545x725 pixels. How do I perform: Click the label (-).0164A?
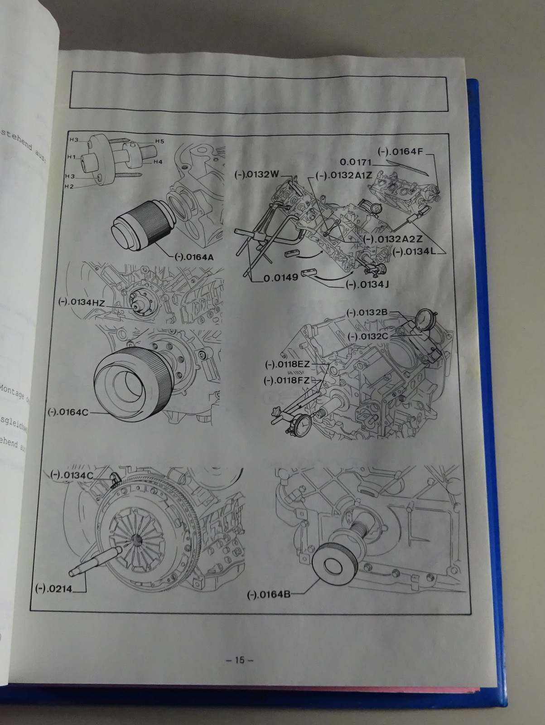[193, 257]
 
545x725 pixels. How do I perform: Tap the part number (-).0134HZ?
[82, 302]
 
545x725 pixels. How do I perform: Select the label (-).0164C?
[68, 412]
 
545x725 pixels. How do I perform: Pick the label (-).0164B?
[268, 595]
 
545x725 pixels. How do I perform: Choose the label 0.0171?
[356, 162]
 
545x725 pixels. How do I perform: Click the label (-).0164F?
[400, 152]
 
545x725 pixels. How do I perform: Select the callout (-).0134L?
[414, 252]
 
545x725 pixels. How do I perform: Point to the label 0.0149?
[281, 277]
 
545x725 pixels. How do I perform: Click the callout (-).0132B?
[367, 312]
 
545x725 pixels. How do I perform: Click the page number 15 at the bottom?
[240, 660]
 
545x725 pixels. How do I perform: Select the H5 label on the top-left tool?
[159, 141]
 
